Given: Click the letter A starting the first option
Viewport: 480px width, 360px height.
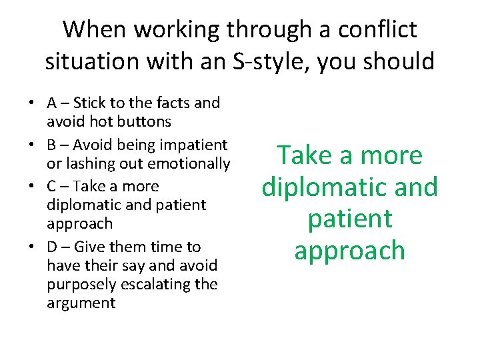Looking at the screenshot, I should (51, 103).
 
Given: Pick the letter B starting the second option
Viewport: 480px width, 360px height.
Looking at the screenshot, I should (51, 145).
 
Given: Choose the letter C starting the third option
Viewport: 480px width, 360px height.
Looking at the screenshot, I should (51, 186).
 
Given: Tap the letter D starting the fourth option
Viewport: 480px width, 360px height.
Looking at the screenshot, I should (52, 247).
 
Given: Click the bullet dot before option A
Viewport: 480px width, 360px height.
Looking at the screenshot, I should (32, 103).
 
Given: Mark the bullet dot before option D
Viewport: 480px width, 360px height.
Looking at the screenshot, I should (32, 247).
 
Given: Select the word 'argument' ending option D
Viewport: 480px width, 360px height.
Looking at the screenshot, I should (81, 303).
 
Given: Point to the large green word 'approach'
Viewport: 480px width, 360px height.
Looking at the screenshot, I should (349, 251).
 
